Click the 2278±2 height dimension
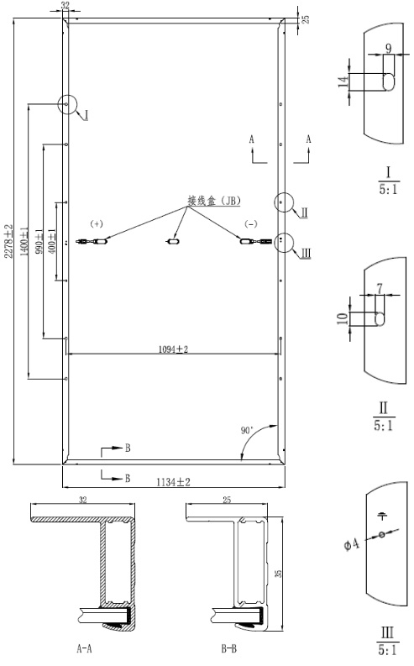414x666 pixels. [8, 241]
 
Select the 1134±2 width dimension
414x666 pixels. [173, 482]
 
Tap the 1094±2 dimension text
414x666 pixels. [173, 349]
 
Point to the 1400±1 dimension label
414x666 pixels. [24, 241]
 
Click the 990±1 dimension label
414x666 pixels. [39, 241]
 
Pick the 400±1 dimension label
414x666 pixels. [53, 241]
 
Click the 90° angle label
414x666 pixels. [247, 430]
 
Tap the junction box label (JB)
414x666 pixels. [214, 201]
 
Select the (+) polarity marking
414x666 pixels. [97, 224]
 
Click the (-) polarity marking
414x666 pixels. [251, 224]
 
